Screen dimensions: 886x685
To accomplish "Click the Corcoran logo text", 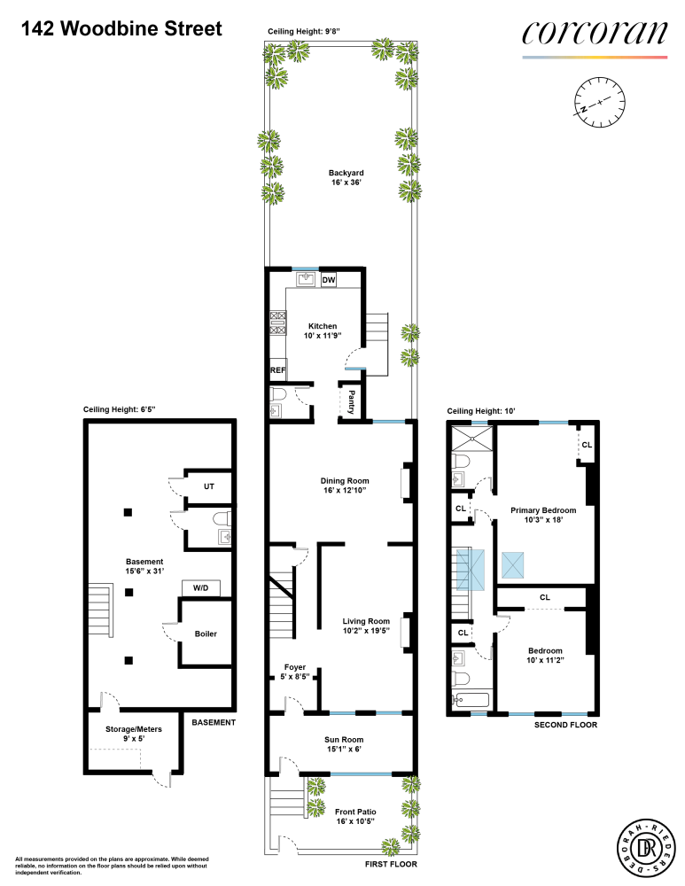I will point(594,34).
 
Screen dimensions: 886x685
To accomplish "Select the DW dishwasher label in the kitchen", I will point(328,280).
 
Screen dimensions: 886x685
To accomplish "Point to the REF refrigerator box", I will point(276,371).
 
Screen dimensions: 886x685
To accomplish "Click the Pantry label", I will point(352,400).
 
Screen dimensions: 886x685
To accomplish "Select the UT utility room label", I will point(209,486).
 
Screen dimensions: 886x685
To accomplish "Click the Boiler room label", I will point(206,633).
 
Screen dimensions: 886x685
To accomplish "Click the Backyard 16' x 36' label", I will point(346,178).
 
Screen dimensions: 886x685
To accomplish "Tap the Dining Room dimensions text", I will point(345,490).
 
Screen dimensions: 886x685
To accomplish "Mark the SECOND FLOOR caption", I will point(565,725).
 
